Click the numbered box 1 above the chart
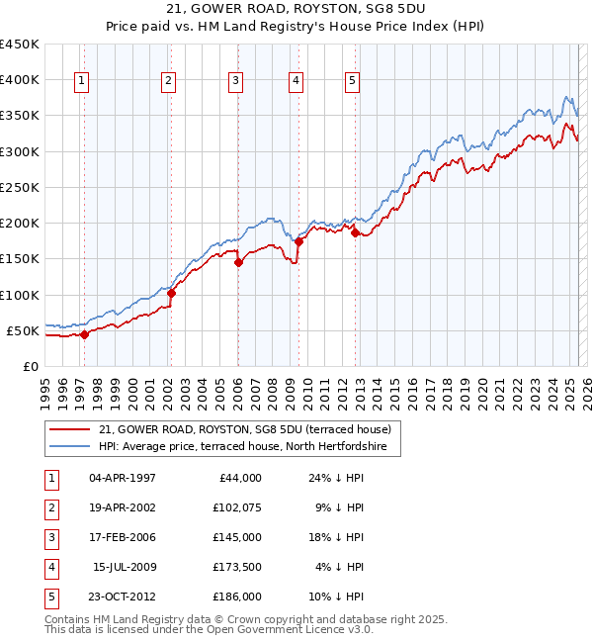[x=80, y=82]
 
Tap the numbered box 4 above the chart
[x=296, y=82]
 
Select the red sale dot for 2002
[x=171, y=293]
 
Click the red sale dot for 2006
[x=238, y=262]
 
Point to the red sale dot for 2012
[x=355, y=233]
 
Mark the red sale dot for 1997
[x=84, y=334]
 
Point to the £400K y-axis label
[x=20, y=79]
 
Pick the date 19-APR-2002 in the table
[x=123, y=507]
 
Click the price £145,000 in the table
[x=237, y=537]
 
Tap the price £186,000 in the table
[x=237, y=597]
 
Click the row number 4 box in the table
[x=50, y=567]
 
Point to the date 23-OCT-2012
[x=123, y=597]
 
